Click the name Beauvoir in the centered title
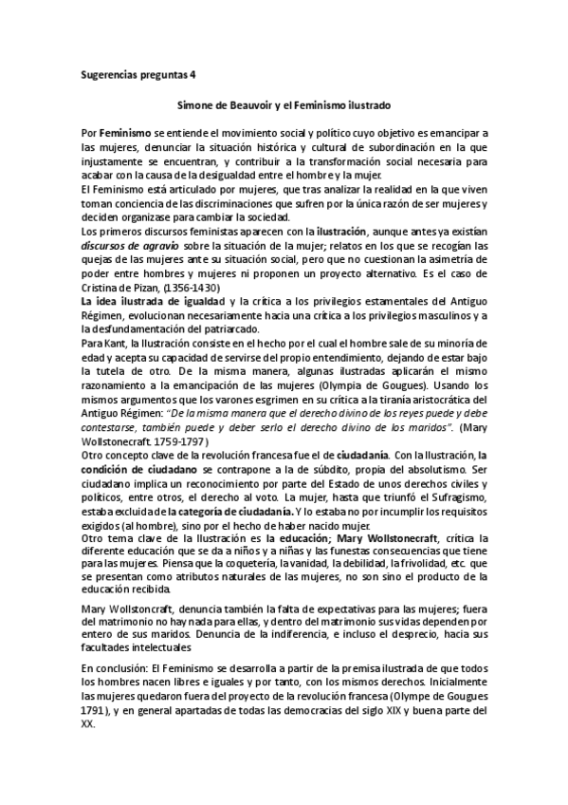(x=257, y=106)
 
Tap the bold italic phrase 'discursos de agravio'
(x=122, y=248)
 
